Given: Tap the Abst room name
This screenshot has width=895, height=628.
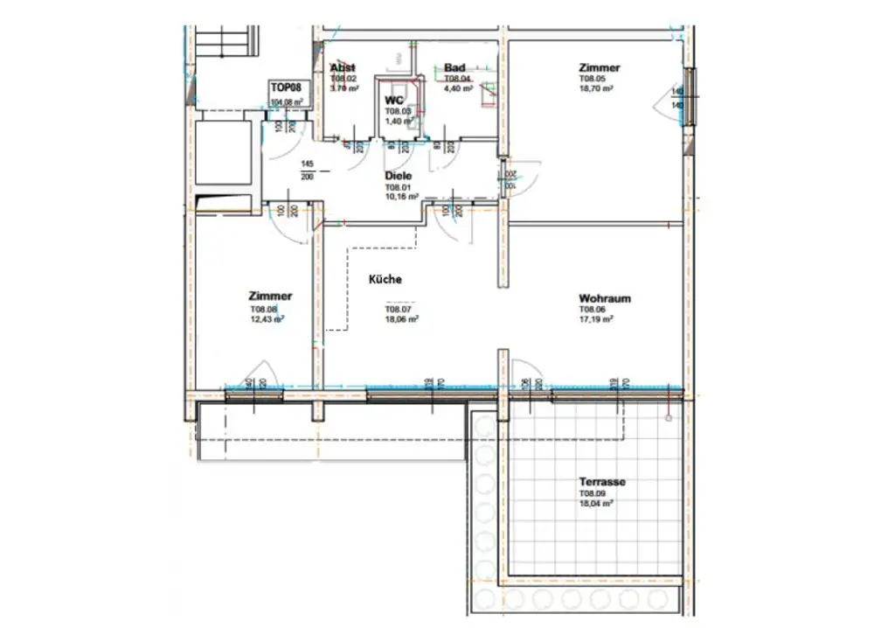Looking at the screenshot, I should coord(342,68).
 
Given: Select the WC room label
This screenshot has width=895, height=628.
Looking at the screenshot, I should coord(392,101).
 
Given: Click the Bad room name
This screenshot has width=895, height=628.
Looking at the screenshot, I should coord(454,68).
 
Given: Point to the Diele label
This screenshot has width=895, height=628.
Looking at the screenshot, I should coord(399,176).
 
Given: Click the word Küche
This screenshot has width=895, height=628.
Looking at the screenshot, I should coord(385,280).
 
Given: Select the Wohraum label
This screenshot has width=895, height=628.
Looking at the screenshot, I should coord(604,298).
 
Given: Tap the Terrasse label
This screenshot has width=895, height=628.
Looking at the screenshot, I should coord(602,482).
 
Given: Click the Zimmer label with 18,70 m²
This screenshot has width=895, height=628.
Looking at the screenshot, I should coord(599,67).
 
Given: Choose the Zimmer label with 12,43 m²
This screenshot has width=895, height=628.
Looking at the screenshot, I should coord(270,297).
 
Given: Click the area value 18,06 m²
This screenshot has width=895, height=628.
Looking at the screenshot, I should coord(401,320).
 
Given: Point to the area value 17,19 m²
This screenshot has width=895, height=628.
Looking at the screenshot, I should coord(595,320).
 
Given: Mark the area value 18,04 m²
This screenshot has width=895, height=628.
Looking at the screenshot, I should coord(595,504).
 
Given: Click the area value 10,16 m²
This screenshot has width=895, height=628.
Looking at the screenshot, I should coord(403,198).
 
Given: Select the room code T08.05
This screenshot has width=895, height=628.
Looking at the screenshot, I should coord(592,79).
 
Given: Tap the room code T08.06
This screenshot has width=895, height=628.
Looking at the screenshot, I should coord(592,310).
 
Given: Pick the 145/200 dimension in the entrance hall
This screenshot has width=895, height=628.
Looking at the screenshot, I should coord(308,170).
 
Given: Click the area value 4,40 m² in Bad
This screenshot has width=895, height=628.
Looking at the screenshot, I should coord(458,88).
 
